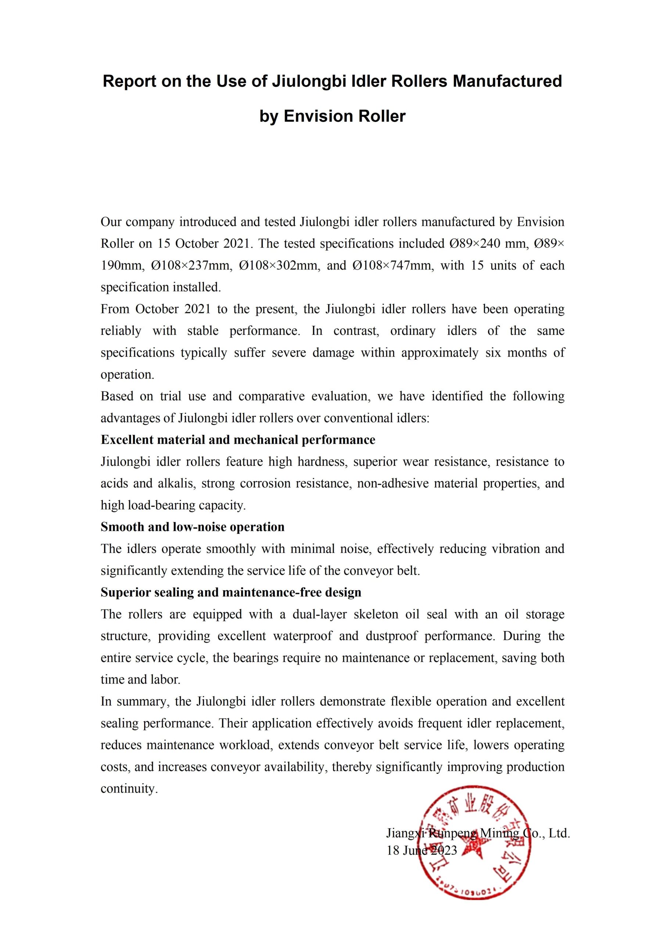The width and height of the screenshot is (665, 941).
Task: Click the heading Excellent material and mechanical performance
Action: coord(238,440)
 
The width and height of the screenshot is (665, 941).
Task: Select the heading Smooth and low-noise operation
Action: coord(193,527)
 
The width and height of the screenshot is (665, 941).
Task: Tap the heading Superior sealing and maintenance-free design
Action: coord(231,592)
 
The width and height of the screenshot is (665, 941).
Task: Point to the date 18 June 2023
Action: coord(422,851)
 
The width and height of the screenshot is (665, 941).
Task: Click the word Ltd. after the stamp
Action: coord(559,833)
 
